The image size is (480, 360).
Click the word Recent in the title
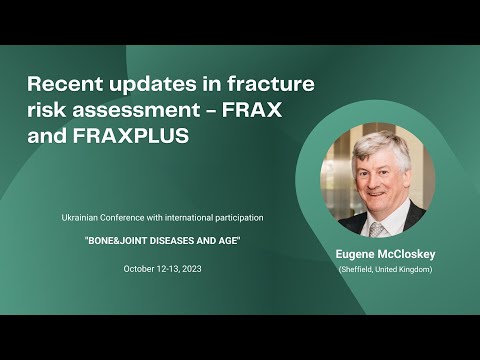point(64,83)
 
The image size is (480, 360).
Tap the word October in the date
point(140,269)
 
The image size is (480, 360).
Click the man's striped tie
point(377,227)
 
